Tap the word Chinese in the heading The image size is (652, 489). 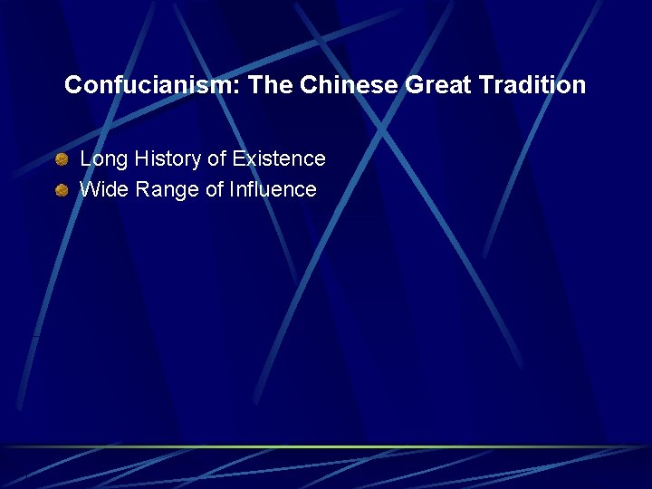(x=349, y=86)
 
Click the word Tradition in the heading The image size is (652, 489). (x=534, y=86)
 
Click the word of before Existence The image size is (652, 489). (x=216, y=159)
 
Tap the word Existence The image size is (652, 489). (x=279, y=159)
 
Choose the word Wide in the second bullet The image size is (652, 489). (x=102, y=190)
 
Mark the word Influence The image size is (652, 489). (x=271, y=190)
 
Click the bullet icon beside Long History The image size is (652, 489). (x=61, y=160)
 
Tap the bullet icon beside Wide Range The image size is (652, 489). (x=61, y=191)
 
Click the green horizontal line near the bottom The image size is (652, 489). (x=326, y=446)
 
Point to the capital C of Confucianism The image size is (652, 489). (x=72, y=86)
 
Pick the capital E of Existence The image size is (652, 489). (x=238, y=159)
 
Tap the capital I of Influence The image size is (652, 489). (x=231, y=190)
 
